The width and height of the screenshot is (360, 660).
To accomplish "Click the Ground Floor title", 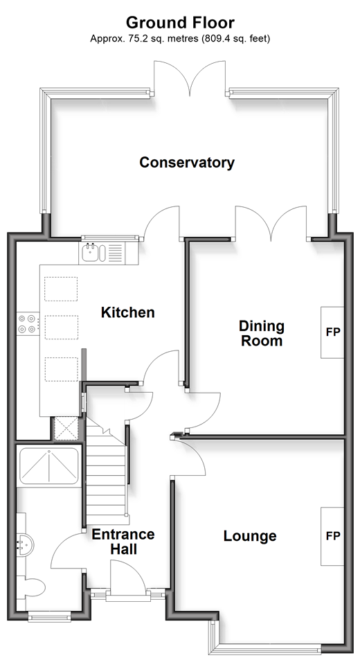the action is (x=181, y=22).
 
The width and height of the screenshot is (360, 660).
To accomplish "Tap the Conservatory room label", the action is (x=187, y=163).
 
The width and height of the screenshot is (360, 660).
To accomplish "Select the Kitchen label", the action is (x=128, y=312).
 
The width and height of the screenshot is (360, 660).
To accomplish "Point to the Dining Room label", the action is (x=262, y=333).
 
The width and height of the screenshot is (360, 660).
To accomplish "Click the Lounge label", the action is (x=250, y=536).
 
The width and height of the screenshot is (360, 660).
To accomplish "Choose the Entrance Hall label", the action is (x=123, y=542).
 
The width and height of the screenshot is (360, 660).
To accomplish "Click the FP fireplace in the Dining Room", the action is (x=333, y=332).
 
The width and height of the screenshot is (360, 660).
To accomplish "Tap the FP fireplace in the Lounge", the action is (x=333, y=536).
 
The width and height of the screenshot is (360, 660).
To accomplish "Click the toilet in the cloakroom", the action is (x=34, y=587).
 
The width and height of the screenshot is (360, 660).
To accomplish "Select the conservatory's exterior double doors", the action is (x=191, y=78).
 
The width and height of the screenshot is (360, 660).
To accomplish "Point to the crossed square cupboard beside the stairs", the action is (x=66, y=428).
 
